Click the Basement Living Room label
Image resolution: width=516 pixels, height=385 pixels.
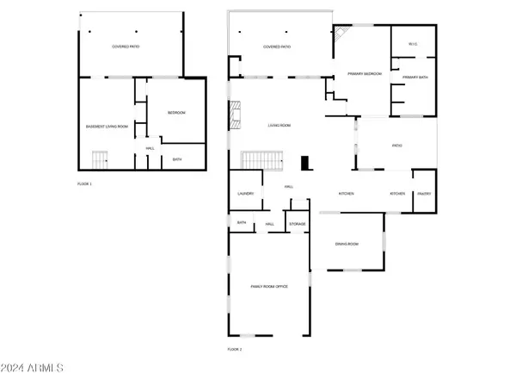(107, 127)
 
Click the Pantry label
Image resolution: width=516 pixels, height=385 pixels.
(424, 194)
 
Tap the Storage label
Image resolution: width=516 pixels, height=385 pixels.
(297, 224)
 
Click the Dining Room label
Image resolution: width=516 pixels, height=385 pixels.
(347, 244)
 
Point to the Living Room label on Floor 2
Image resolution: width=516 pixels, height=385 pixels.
(279, 126)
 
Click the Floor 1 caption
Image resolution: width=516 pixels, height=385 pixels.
(84, 184)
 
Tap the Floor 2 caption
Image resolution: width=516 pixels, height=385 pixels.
(235, 349)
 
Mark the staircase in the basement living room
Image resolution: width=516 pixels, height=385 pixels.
(101, 159)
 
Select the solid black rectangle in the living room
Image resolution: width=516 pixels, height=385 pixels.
(305, 162)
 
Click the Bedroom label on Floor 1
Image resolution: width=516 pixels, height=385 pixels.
(175, 114)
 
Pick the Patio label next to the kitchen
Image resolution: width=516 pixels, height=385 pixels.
(396, 146)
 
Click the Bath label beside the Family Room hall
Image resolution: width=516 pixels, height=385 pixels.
(242, 224)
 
